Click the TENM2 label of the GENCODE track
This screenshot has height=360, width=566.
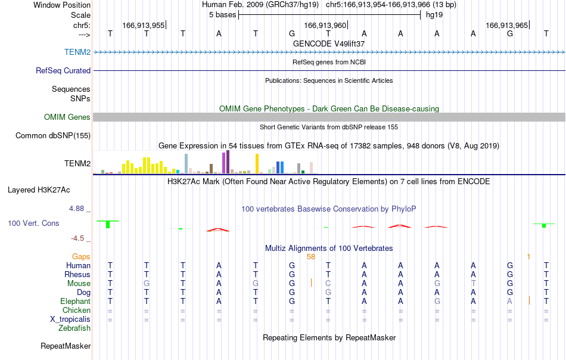(77, 52)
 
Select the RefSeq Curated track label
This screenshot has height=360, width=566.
(63, 70)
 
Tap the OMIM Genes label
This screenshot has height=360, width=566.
(67, 117)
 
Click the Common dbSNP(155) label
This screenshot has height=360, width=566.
(53, 135)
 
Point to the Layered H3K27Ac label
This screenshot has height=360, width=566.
(39, 190)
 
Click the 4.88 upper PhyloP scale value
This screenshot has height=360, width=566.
(76, 209)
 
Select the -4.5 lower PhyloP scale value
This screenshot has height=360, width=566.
(77, 238)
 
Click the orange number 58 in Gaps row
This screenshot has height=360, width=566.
(311, 257)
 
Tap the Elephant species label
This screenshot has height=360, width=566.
(76, 301)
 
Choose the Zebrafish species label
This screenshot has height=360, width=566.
(74, 328)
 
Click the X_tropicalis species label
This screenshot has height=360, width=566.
(70, 319)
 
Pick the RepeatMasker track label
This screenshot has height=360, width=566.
(66, 346)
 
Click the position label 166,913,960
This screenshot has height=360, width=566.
(325, 25)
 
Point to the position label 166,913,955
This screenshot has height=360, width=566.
(144, 25)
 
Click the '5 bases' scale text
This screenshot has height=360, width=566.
(222, 15)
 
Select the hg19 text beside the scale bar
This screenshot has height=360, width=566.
(434, 15)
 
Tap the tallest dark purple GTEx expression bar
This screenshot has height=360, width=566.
(228, 162)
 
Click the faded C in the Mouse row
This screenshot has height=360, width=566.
(328, 284)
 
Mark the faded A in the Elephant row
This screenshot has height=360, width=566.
(509, 301)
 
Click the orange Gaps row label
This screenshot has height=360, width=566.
(81, 257)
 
